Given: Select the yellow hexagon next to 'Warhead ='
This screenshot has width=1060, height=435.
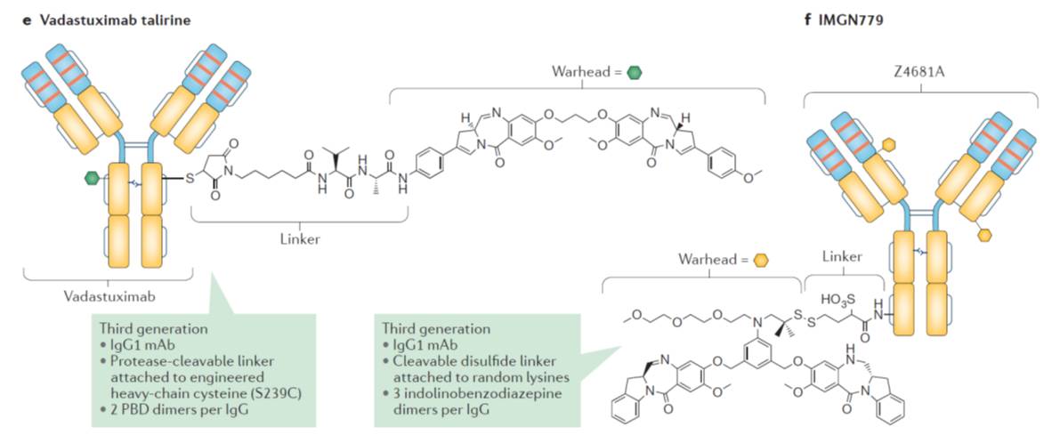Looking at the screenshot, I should tap(760, 261).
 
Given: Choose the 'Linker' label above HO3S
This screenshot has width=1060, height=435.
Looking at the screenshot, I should tap(842, 256).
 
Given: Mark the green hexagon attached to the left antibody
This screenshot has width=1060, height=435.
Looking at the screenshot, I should tap(90, 177).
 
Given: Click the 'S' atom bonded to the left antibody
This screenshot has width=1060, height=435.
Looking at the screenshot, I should tap(190, 179).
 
